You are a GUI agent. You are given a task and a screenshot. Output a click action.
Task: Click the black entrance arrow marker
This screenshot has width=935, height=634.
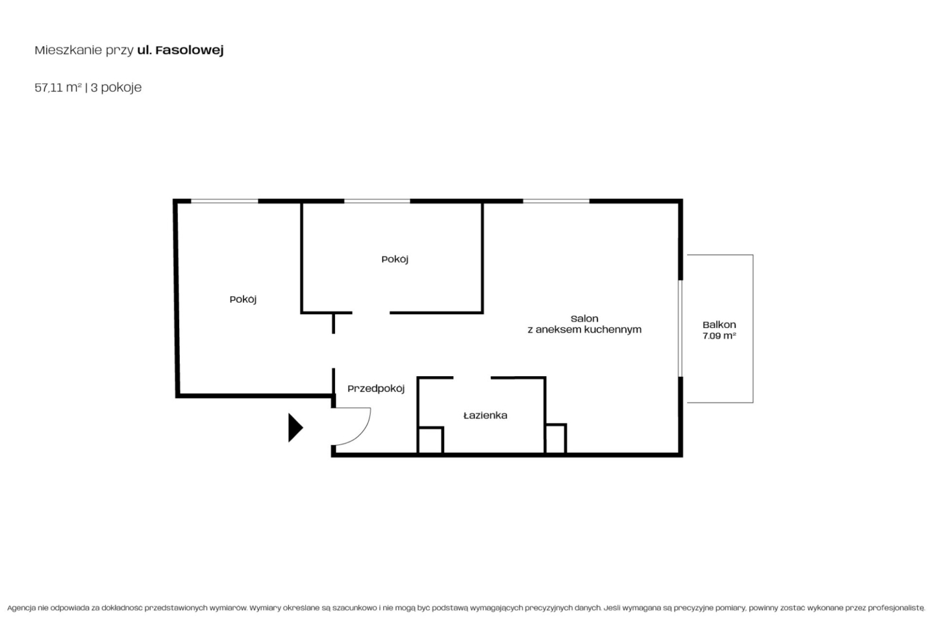point(295,427)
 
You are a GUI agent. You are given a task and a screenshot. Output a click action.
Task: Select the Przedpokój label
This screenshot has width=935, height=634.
point(376,389)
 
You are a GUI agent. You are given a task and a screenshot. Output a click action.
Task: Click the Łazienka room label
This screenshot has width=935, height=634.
point(486,415)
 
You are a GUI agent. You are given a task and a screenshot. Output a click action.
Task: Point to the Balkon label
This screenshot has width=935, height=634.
point(719,325)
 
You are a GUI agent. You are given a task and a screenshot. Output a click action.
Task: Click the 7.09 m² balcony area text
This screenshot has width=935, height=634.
point(719,336)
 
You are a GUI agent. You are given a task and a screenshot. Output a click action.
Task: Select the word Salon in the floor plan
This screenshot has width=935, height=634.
point(584,319)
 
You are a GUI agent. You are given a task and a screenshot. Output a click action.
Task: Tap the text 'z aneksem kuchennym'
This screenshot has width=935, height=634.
point(584,329)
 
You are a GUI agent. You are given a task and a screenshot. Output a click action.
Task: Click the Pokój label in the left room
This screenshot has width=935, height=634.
point(243,299)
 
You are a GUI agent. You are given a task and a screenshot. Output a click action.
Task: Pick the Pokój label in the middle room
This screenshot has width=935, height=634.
point(395,259)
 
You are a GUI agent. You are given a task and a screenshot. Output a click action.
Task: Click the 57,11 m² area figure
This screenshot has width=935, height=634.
point(58,87)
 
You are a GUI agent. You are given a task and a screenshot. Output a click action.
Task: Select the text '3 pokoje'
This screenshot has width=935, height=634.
point(116,88)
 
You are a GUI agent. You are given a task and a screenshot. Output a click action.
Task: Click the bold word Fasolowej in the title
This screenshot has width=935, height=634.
point(190,50)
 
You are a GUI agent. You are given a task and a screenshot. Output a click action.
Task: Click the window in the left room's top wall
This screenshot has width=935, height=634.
point(225,201)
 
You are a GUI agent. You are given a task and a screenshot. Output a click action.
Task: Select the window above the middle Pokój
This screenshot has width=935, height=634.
point(377,201)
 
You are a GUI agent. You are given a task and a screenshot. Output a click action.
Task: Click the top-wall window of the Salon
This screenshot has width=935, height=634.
point(556,201)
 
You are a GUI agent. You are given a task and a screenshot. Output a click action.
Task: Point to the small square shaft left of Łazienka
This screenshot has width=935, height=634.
point(430,440)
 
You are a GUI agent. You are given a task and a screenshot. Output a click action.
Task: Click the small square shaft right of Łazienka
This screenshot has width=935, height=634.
point(556,438)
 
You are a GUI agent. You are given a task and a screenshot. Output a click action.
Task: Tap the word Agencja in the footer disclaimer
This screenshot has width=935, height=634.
point(21,608)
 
